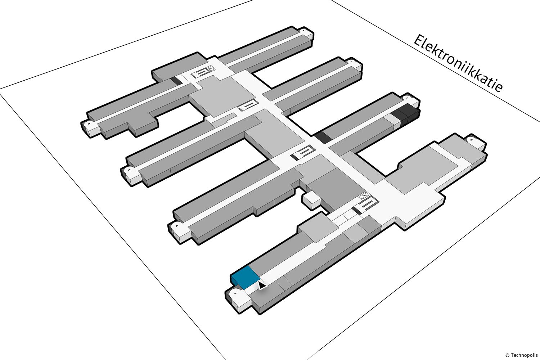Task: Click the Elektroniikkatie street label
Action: click(x=458, y=63)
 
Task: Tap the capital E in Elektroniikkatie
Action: click(x=419, y=41)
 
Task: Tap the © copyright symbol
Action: click(x=508, y=355)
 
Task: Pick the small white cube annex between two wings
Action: click(x=311, y=200)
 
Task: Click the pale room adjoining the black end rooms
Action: click(x=391, y=121)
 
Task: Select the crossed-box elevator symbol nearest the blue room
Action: click(x=364, y=195)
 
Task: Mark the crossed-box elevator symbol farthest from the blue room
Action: click(x=211, y=68)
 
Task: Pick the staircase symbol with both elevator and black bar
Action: click(x=364, y=205)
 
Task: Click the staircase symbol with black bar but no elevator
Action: click(x=303, y=152)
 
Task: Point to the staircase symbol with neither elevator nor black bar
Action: click(x=248, y=105)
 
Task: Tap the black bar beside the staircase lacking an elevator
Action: click(x=294, y=157)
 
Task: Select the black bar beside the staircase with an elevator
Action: click(x=356, y=211)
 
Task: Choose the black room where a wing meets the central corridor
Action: click(x=323, y=137)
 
